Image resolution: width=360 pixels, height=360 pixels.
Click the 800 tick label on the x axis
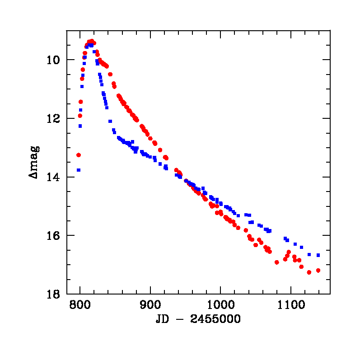[80, 305]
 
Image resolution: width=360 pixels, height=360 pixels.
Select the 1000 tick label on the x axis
[220, 305]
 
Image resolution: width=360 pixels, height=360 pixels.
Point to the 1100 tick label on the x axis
[290, 305]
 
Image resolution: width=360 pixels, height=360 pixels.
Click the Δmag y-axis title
[34, 161]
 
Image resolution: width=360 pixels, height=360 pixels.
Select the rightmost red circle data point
[318, 270]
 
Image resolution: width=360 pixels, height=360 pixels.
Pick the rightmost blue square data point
[318, 255]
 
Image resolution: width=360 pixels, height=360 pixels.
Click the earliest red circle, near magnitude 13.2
[79, 155]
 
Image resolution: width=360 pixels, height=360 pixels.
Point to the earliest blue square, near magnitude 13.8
[79, 170]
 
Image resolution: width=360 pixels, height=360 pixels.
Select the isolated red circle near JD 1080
[277, 262]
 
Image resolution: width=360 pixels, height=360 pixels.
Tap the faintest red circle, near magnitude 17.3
[309, 272]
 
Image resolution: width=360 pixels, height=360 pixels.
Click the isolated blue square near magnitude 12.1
[110, 121]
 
